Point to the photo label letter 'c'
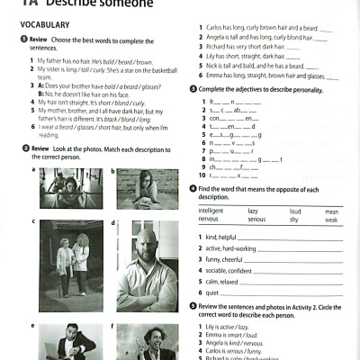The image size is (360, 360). [x=33, y=220]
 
